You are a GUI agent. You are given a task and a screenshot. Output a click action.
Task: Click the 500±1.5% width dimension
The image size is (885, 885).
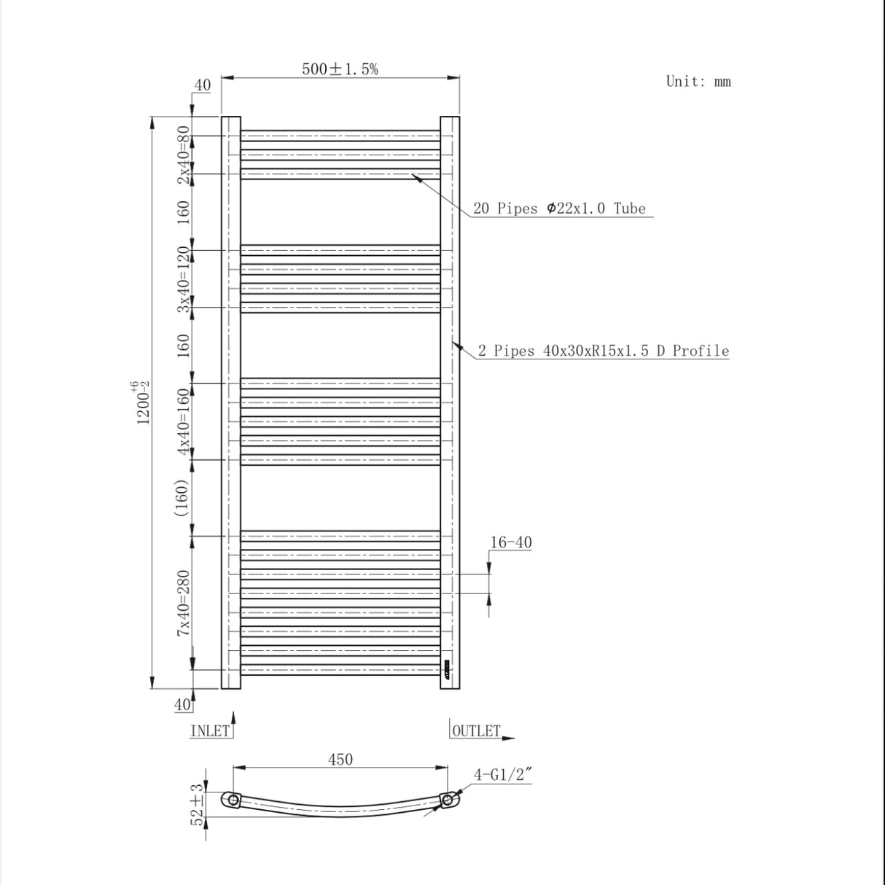[x=340, y=69]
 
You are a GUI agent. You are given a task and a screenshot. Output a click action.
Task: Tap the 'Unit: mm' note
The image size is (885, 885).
[x=698, y=81]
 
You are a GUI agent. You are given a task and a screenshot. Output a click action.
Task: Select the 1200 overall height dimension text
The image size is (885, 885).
[x=143, y=402]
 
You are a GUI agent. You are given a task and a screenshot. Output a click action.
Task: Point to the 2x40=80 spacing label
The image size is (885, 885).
[x=183, y=155]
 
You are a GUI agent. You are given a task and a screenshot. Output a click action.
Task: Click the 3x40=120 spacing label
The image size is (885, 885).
[x=183, y=279]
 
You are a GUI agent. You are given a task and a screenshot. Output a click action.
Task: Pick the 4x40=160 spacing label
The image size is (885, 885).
[x=183, y=421]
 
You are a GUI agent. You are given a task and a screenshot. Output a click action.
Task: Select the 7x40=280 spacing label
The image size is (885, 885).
[x=183, y=603]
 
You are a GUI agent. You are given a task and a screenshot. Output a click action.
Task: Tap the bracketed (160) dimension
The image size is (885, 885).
[x=182, y=498]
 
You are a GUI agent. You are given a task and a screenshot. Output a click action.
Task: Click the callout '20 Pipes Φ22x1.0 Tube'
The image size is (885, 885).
[x=559, y=208]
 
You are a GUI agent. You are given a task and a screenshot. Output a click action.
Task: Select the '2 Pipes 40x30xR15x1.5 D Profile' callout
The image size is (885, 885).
[x=603, y=351]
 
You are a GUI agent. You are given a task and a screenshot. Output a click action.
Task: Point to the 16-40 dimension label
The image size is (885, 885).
[x=510, y=542]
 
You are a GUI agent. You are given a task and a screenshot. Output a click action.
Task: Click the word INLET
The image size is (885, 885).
[x=209, y=730]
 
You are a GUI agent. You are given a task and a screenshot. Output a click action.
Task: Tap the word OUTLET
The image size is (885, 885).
[x=477, y=730]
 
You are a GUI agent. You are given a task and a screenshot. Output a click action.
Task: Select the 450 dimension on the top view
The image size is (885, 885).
[x=340, y=759]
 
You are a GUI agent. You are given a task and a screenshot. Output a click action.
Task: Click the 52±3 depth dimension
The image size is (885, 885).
[x=197, y=805]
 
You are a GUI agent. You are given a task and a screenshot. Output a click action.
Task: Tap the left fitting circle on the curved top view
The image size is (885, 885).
[x=233, y=800]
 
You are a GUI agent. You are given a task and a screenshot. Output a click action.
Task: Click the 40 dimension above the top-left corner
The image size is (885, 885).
[x=202, y=85]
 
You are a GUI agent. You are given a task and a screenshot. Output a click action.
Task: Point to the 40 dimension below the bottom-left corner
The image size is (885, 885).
[x=182, y=704]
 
